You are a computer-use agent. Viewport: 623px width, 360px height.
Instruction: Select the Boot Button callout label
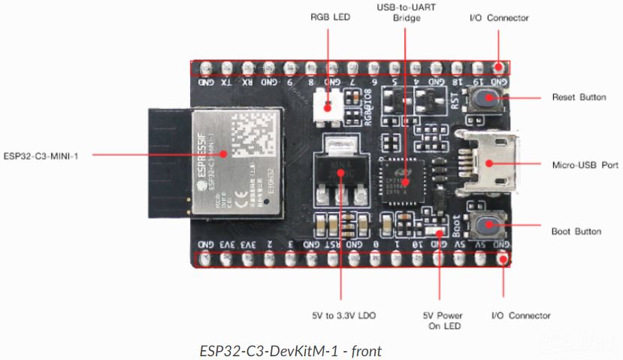576,231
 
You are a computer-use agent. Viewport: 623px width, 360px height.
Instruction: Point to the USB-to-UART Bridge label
406,12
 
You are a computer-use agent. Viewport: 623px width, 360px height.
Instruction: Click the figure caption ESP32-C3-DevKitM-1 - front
291,350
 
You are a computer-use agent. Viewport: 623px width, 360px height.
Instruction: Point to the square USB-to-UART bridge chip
405,181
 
